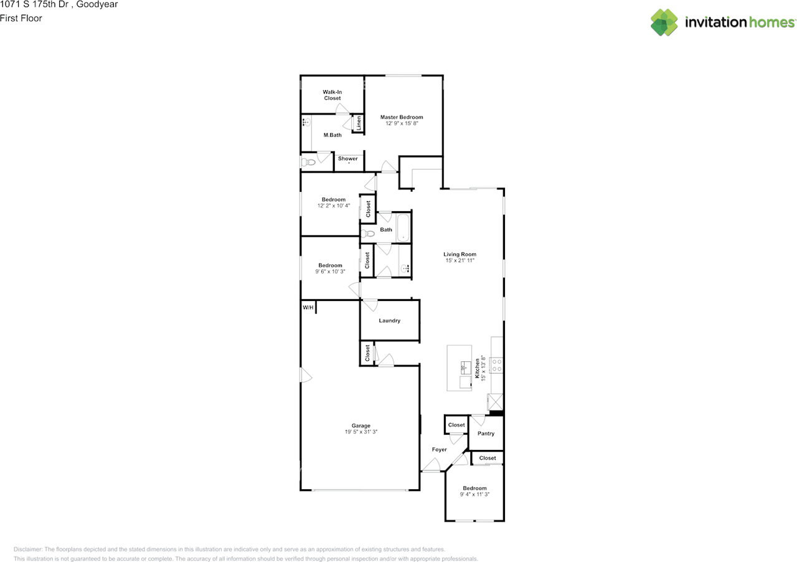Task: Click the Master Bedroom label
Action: [x=402, y=117]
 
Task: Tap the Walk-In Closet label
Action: [x=332, y=95]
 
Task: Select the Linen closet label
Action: [x=359, y=123]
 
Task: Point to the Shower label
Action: [x=347, y=158]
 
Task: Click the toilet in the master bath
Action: [x=308, y=163]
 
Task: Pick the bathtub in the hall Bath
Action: [x=403, y=227]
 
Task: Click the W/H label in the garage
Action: [x=308, y=307]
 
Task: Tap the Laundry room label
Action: [x=389, y=320]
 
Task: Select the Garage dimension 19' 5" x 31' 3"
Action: [x=361, y=432]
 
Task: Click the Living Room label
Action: [x=460, y=254]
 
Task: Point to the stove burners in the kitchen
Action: [x=497, y=365]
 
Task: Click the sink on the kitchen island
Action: [x=466, y=368]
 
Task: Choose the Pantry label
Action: [x=486, y=434]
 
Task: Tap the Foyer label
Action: [x=439, y=449]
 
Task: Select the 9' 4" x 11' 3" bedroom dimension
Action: [x=474, y=494]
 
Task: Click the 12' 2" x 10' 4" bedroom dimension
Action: [x=333, y=206]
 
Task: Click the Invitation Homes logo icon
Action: [x=664, y=22]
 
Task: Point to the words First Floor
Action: [x=21, y=18]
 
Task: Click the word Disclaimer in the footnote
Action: [x=28, y=549]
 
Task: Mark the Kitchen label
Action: [x=477, y=368]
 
